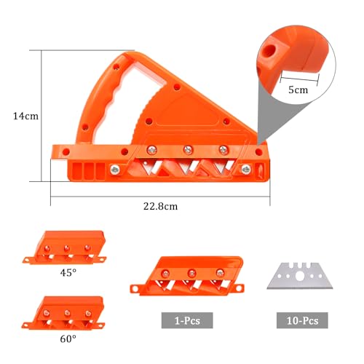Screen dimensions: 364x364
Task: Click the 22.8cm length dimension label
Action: tap(160, 206)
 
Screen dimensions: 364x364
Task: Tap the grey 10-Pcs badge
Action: tap(302, 320)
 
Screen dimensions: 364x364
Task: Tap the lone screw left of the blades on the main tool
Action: tap(115, 170)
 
